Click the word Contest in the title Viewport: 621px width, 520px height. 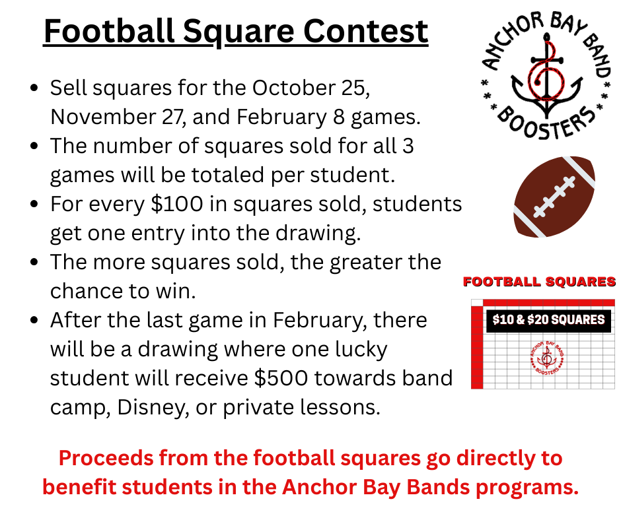click(365, 31)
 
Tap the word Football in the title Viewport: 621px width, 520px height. click(109, 31)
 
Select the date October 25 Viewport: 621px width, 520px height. click(311, 88)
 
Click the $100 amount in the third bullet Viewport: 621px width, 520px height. click(177, 204)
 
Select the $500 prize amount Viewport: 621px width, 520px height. click(281, 378)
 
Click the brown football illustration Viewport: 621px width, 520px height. click(554, 197)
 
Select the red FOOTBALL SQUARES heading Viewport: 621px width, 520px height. click(540, 282)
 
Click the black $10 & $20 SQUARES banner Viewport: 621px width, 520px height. click(548, 320)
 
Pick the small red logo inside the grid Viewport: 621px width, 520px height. click(547, 358)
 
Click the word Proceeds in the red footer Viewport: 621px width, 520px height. click(106, 458)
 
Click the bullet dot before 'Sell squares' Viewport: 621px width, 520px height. click(34, 88)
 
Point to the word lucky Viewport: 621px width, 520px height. click(361, 350)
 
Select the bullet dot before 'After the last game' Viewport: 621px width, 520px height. click(34, 320)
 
